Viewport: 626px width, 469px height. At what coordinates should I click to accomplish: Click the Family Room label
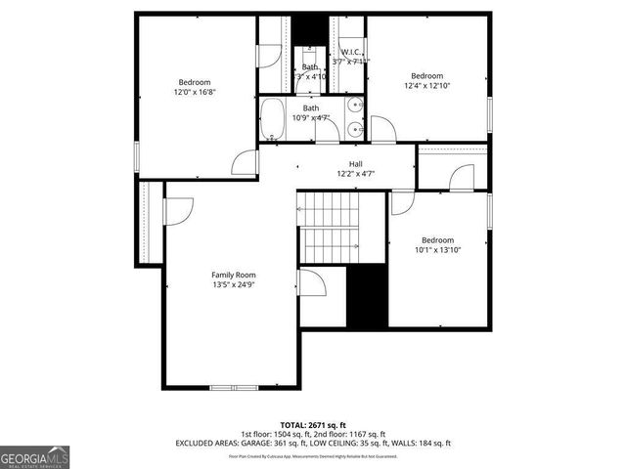click(234, 275)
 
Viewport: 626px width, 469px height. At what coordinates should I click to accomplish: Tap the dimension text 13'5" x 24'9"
click(234, 285)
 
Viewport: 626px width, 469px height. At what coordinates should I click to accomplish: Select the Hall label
click(356, 164)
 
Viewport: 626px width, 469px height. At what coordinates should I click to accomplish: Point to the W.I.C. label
click(351, 52)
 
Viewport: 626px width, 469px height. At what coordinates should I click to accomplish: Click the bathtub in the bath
click(273, 118)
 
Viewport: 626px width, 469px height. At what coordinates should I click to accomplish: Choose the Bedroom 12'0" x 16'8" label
click(195, 81)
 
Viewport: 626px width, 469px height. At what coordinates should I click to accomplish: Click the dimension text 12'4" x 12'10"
click(426, 86)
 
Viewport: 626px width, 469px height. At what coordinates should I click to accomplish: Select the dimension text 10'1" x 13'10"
click(437, 250)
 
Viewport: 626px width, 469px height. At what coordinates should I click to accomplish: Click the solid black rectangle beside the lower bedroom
click(368, 296)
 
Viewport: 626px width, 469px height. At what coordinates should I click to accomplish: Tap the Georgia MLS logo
click(34, 456)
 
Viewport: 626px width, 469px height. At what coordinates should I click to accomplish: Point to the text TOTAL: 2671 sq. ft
click(313, 425)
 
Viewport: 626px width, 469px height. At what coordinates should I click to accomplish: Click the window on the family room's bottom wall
click(234, 387)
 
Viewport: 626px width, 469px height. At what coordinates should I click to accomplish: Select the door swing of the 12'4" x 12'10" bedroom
click(383, 128)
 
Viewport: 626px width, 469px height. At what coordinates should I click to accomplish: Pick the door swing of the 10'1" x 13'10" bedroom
click(403, 202)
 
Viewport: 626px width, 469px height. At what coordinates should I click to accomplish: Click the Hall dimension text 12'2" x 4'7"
click(356, 174)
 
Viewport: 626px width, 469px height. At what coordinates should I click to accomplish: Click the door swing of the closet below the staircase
click(313, 283)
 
